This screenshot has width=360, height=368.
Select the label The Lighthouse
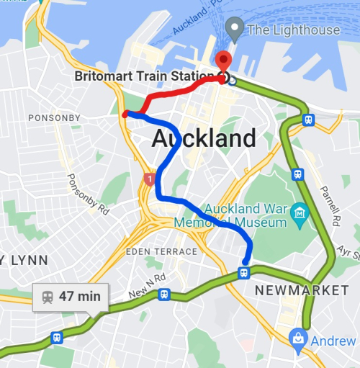coord(293,30)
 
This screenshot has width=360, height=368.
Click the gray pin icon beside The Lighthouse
coord(233,29)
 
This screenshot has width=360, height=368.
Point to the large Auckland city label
coord(204,138)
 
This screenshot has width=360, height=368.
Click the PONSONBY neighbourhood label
coord(54,117)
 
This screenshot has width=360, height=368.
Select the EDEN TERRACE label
coord(162,251)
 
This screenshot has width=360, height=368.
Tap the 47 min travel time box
coord(70,296)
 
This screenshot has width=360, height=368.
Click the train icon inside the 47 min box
coord(48,296)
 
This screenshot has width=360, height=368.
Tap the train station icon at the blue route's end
coord(244,273)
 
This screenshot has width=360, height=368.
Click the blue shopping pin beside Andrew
coord(297,338)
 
